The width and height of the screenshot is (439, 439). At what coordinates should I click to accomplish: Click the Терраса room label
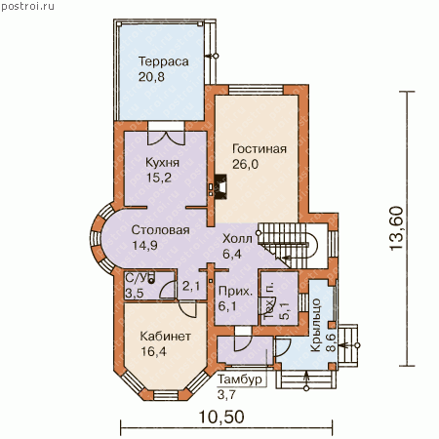[164, 61]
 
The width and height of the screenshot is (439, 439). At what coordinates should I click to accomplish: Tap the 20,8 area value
[151, 77]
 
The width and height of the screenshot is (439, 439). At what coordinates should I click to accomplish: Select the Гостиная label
[259, 148]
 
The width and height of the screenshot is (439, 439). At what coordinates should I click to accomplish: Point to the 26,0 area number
[246, 164]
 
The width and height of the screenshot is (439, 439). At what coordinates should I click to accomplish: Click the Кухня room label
[162, 162]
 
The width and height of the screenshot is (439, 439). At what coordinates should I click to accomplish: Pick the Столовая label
[161, 230]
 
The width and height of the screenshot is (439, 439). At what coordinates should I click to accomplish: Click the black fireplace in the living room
[220, 186]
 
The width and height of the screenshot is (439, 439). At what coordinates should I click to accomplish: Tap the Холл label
[237, 239]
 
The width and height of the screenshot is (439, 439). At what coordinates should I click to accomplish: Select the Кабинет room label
[166, 336]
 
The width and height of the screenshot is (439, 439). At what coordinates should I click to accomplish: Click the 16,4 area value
[153, 351]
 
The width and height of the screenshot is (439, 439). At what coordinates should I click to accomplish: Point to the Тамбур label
[240, 379]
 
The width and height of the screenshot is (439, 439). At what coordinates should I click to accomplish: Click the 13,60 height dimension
[396, 228]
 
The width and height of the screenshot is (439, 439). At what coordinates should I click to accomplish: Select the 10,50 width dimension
[221, 417]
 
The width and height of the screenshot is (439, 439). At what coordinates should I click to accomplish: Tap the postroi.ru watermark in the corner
[27, 6]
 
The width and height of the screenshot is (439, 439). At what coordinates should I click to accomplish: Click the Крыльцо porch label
[316, 325]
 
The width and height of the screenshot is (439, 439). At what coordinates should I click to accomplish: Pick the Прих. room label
[235, 291]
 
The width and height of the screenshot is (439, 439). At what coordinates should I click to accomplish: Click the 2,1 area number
[191, 286]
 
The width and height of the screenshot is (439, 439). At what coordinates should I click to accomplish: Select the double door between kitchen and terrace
[166, 138]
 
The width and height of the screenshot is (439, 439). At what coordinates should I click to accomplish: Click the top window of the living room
[256, 90]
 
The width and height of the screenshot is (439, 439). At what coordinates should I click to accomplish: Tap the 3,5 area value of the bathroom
[135, 294]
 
